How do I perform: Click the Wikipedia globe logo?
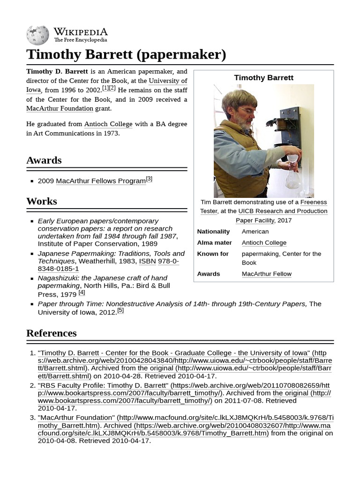click(x=37, y=35)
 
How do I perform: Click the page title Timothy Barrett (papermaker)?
click(x=126, y=54)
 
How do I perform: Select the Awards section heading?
click(x=44, y=160)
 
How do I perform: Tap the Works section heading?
click(x=41, y=201)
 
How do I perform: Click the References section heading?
click(x=51, y=333)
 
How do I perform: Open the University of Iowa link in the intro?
click(x=168, y=81)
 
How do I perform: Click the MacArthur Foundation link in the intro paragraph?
click(x=60, y=108)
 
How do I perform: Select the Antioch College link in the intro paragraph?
click(x=108, y=124)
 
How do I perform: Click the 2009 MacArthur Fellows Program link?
click(x=101, y=181)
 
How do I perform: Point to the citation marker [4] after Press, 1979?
click(x=82, y=292)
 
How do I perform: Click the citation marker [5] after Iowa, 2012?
click(x=120, y=310)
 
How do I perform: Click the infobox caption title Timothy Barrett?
click(x=263, y=78)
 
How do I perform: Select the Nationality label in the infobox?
click(x=213, y=232)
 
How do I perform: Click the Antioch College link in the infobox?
click(x=264, y=243)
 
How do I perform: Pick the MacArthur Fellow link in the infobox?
click(x=266, y=274)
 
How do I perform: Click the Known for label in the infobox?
click(x=213, y=254)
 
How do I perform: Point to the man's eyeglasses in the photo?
click(x=247, y=111)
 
